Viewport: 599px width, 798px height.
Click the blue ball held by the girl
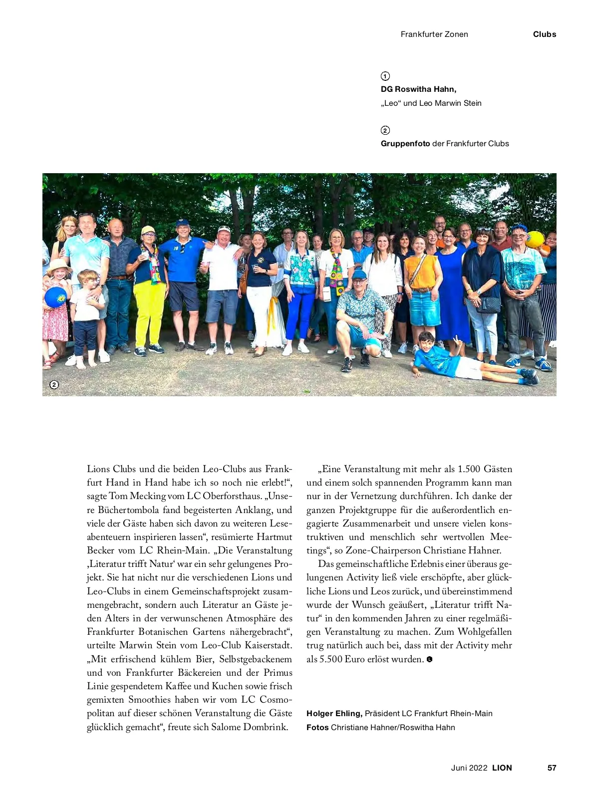55,298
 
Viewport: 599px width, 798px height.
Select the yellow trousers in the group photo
149,311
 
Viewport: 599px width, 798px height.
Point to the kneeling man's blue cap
359,274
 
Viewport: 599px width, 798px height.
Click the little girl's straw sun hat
58,265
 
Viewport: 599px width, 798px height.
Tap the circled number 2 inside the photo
54,385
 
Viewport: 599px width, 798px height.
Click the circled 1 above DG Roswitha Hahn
385,76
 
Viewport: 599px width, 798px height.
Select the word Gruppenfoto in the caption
405,144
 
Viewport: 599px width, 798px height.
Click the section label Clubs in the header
544,34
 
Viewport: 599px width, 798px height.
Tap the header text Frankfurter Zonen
434,34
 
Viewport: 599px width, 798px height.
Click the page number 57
552,768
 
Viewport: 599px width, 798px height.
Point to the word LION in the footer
502,768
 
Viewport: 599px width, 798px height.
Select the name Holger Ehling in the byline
334,714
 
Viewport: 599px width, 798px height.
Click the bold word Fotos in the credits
317,727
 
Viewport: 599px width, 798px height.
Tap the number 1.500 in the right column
469,469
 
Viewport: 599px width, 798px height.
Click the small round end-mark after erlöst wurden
429,659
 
